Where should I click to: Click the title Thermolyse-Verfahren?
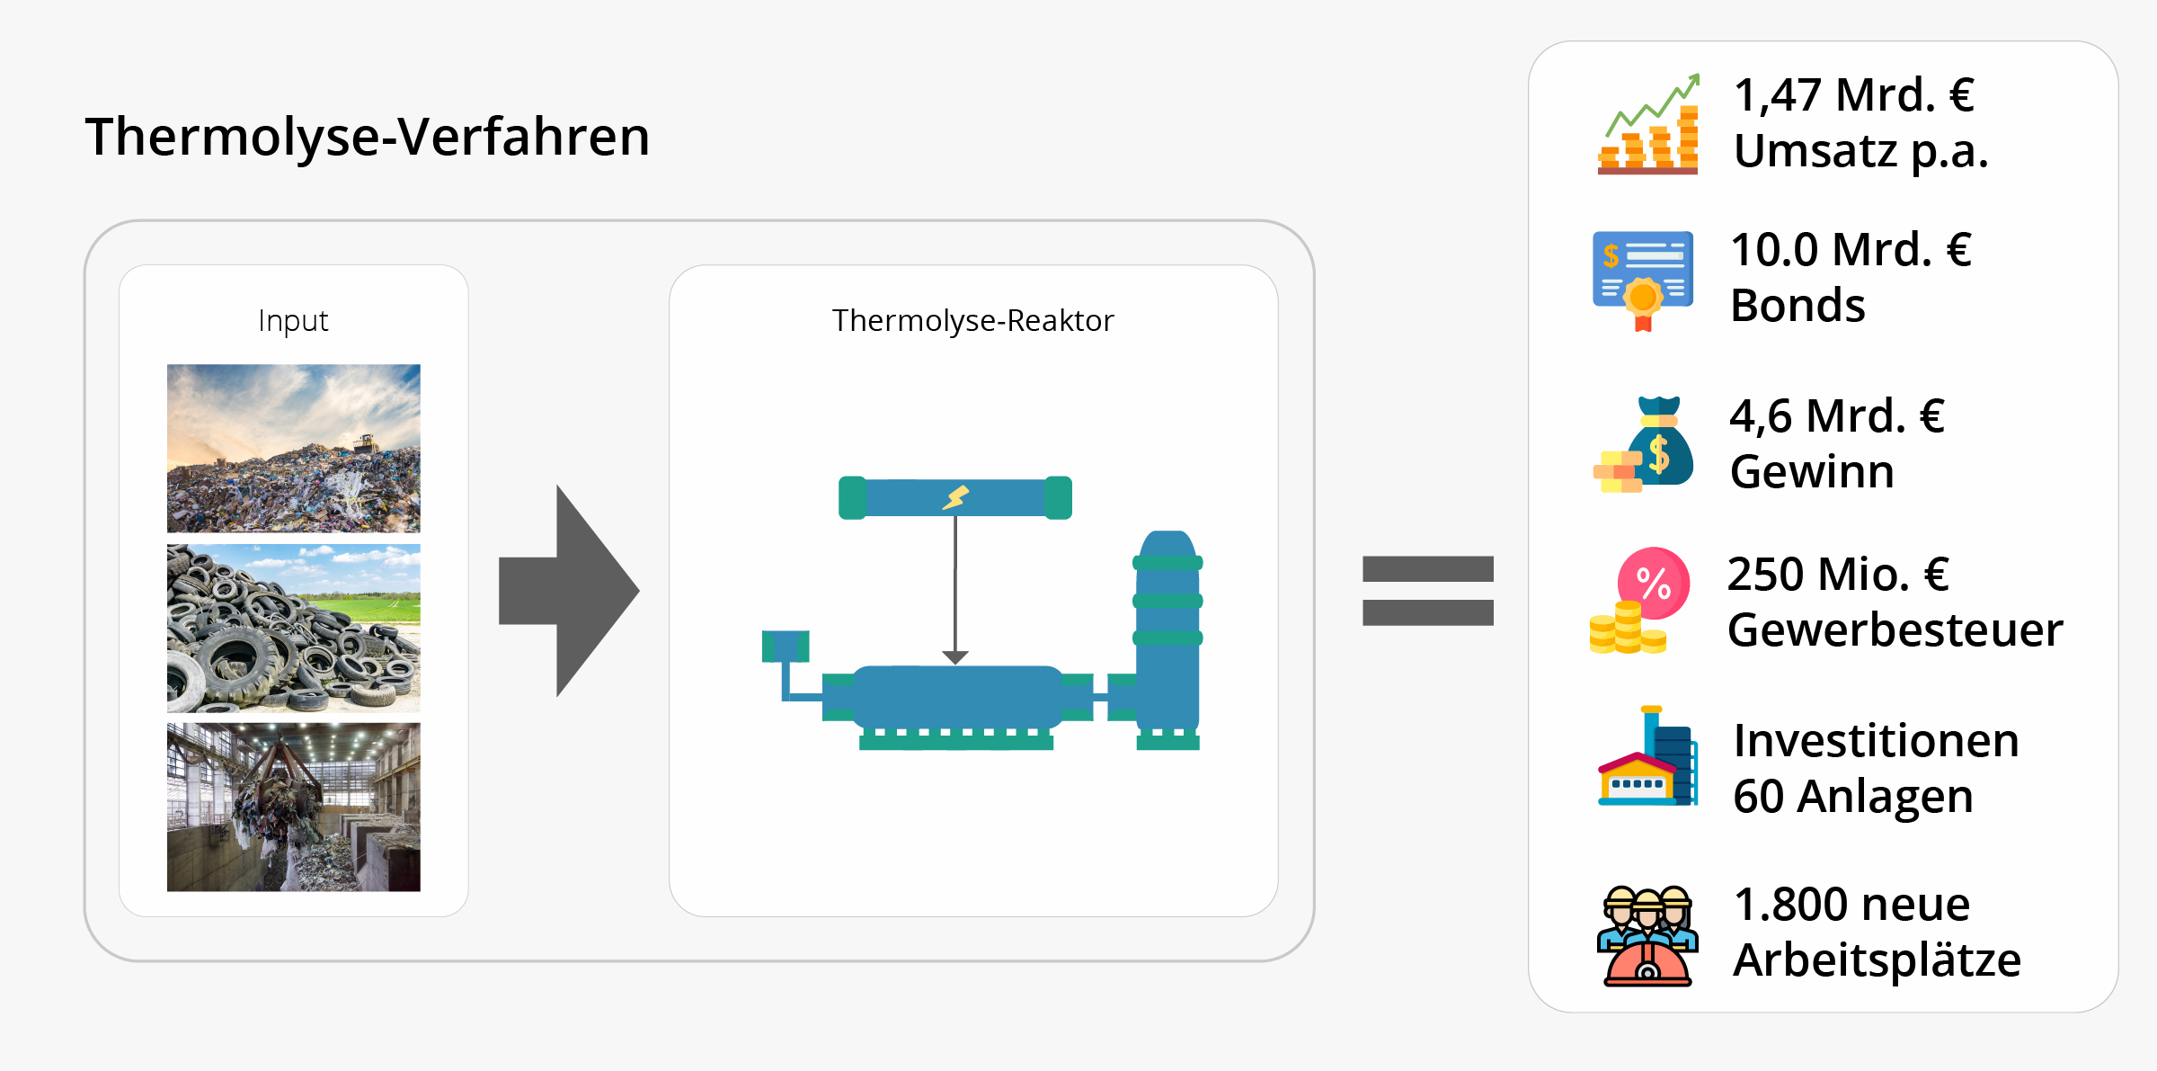(367, 137)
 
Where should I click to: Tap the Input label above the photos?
(293, 321)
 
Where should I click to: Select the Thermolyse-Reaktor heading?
(972, 321)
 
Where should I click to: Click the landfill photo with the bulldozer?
(293, 448)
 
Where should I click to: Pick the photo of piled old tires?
(293, 628)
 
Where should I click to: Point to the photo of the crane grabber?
(293, 807)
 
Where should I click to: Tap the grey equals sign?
(1427, 591)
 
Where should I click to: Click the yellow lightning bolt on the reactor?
(955, 497)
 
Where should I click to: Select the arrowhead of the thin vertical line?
(955, 657)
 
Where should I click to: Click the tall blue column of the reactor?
(1167, 629)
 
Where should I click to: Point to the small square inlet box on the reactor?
(785, 646)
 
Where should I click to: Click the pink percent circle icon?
(1654, 583)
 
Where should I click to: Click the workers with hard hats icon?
(1647, 935)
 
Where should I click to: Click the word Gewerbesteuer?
(1895, 629)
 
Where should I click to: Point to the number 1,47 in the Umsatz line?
(1777, 94)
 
